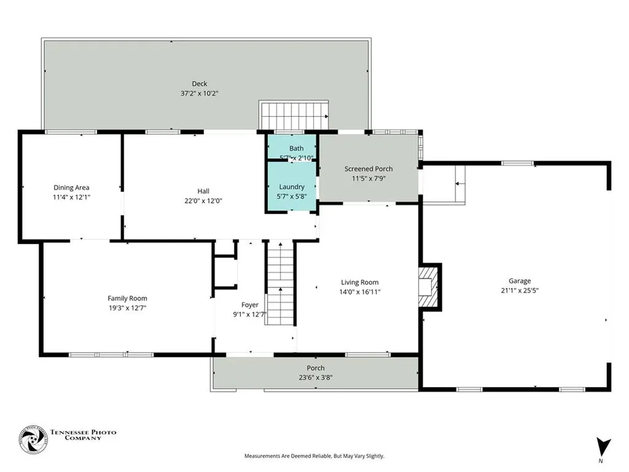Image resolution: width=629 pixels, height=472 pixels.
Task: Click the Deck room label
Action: [x=200, y=84]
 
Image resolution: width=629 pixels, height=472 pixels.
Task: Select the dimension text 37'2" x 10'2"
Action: [x=200, y=93]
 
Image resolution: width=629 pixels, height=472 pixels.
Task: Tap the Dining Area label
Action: [x=71, y=187]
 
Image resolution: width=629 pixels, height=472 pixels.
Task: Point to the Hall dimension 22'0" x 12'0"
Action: [x=203, y=201]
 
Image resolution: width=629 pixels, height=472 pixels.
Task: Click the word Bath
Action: [x=297, y=149]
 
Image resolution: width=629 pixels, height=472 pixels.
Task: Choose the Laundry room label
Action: [x=292, y=187]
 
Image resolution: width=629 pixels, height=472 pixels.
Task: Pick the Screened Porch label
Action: [x=369, y=169]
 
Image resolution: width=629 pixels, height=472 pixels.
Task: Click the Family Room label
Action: [x=127, y=298]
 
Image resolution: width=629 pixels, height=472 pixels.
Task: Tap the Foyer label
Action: [x=250, y=305]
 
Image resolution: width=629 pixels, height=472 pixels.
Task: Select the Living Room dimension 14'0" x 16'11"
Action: [x=360, y=292]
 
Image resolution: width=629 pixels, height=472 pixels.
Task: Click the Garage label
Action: [x=520, y=281]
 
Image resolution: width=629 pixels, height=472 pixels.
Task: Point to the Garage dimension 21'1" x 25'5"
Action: [x=520, y=291]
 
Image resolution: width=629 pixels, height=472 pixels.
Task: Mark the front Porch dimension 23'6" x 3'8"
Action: [x=316, y=378]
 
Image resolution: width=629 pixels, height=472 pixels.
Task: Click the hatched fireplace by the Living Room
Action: [x=428, y=286]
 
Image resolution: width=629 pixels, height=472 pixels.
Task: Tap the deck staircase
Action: [x=294, y=116]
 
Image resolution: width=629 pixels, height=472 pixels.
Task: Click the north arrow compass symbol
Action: [x=603, y=447]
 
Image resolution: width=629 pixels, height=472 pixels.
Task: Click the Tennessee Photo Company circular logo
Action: [x=33, y=439]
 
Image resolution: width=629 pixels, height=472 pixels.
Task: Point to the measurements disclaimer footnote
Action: [x=314, y=456]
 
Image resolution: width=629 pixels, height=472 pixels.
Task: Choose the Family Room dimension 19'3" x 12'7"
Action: [x=127, y=309]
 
